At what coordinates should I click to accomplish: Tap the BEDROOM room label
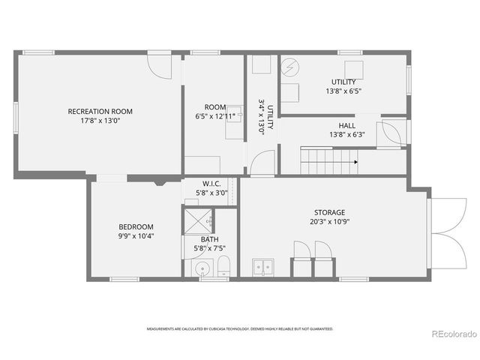click(136, 226)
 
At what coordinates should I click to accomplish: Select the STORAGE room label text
click(329, 212)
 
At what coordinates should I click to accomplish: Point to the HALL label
click(346, 125)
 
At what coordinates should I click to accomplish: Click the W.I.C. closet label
click(211, 184)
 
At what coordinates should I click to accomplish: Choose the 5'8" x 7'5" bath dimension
click(210, 248)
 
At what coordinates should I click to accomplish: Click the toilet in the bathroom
click(223, 266)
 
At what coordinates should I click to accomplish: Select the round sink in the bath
click(200, 270)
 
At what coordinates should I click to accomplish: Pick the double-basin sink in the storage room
click(263, 266)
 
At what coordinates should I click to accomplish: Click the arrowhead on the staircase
click(355, 160)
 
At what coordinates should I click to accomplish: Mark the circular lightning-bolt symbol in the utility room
click(289, 67)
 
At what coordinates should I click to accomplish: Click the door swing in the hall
click(391, 133)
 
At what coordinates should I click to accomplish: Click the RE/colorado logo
click(451, 334)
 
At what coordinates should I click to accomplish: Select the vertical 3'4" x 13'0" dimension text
click(262, 115)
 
